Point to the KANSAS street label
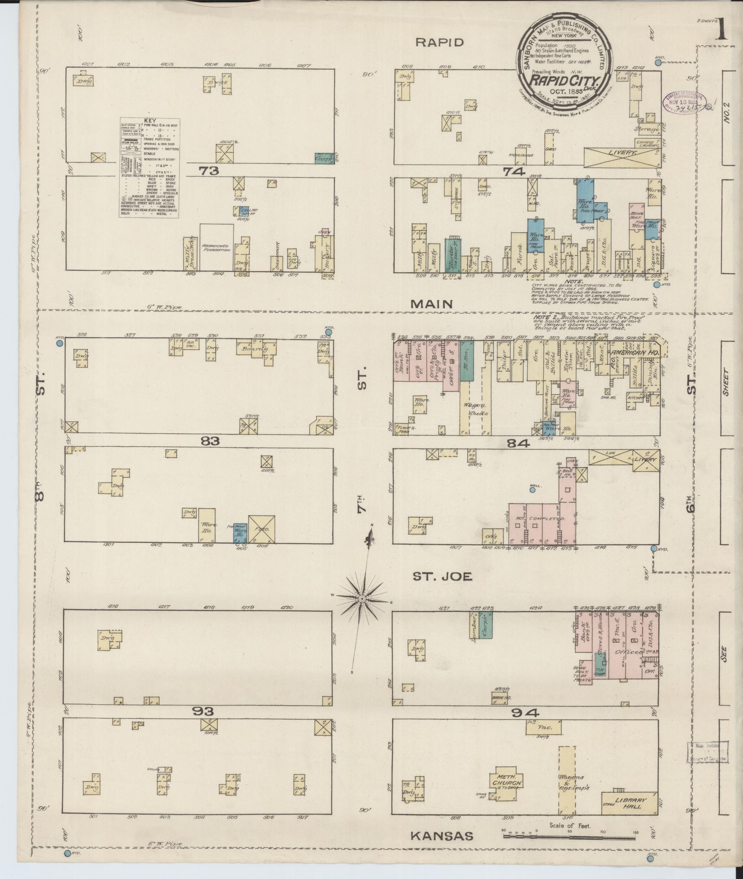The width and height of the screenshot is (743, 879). tap(441, 836)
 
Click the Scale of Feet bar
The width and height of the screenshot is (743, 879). tap(569, 836)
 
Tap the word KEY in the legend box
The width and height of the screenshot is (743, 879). tap(150, 121)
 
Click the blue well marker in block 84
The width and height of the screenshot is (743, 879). tap(532, 490)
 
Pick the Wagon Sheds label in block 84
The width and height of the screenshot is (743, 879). tap(476, 409)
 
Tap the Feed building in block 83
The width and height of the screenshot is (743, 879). tap(262, 529)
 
